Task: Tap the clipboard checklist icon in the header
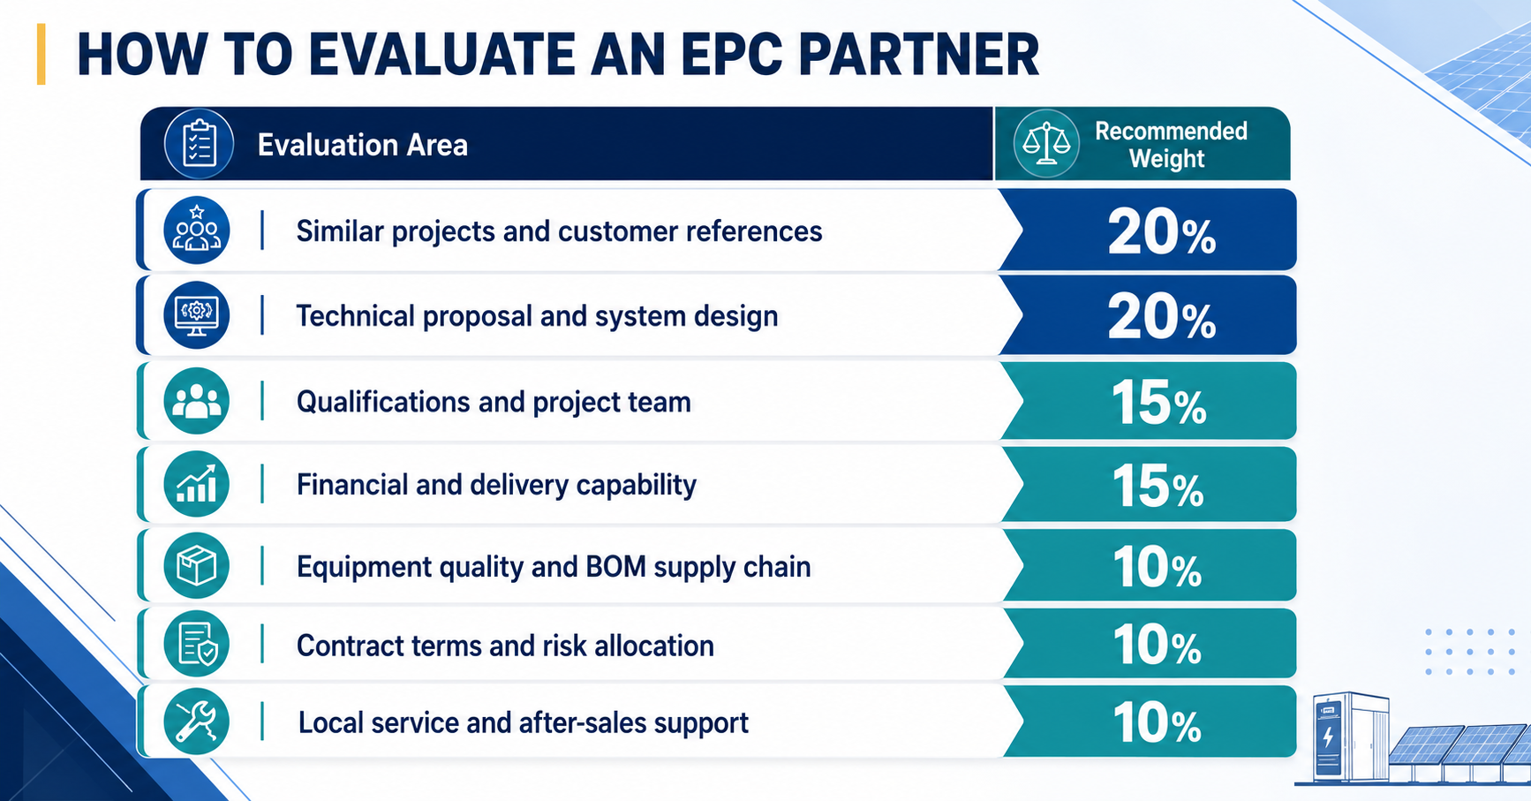coord(199,144)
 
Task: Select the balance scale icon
coord(1046,144)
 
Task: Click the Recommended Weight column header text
coord(1171,145)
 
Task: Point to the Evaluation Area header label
coord(362,145)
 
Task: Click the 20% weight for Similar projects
coord(1162,233)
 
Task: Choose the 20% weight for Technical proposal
coord(1162,317)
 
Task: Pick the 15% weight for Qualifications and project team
coord(1158,403)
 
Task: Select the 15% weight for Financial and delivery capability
coord(1158,486)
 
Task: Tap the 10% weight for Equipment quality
coord(1157,567)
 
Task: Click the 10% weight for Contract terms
coord(1157,645)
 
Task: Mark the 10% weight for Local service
coord(1157,722)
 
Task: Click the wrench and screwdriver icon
coord(197,722)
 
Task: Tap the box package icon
coord(197,566)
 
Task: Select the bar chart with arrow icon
coord(197,484)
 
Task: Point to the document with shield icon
coord(197,644)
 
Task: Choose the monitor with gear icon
coord(197,314)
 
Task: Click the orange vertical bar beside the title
coord(41,55)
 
